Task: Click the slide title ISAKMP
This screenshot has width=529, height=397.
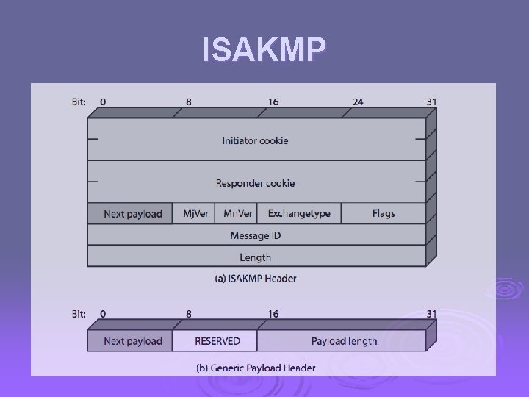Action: point(264,50)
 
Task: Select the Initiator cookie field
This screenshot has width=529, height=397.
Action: point(256,140)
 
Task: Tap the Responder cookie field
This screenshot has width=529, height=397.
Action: point(256,183)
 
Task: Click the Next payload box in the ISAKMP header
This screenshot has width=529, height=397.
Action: point(132,214)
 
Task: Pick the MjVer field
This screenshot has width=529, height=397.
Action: point(195,214)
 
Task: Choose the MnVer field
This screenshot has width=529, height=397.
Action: point(238,214)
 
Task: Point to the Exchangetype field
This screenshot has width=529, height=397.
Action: point(299,214)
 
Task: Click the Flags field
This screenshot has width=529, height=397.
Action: point(384,214)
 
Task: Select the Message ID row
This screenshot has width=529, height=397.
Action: point(256,235)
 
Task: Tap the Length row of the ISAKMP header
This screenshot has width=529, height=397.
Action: point(256,257)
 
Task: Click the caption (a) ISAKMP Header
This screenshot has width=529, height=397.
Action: point(256,279)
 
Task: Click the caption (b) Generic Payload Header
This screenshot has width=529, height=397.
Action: point(256,368)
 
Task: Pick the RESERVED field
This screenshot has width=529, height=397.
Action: point(217,341)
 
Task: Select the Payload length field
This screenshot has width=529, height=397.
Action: point(344,341)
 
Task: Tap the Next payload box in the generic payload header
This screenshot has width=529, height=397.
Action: point(132,341)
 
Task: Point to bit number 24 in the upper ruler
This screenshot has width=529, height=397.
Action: point(358,101)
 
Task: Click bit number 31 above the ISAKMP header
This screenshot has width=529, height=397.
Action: point(431,101)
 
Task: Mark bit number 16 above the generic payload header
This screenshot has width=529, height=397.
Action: point(273,314)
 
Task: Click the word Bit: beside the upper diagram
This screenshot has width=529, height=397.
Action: point(79,101)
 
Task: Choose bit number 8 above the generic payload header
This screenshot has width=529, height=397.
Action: point(189,314)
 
